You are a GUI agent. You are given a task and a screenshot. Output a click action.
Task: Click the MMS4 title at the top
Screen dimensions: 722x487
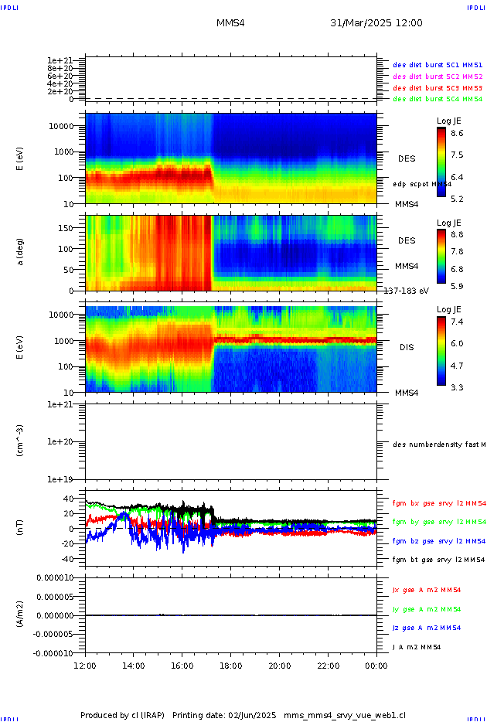pos(230,23)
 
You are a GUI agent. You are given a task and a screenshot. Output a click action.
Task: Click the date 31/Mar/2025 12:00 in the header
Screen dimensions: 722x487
pos(376,23)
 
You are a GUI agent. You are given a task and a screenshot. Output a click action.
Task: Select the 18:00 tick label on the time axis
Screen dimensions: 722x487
pos(230,665)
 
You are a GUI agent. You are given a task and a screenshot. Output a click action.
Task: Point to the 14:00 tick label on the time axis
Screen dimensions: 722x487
pos(134,665)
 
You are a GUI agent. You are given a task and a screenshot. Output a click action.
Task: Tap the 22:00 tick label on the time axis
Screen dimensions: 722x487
pos(328,665)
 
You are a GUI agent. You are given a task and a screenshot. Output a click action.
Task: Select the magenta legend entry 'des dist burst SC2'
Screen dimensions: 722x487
pos(438,77)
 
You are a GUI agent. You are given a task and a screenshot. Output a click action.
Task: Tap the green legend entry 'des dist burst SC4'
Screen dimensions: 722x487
pos(438,99)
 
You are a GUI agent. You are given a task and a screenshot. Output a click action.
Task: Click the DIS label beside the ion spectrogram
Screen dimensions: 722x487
pos(406,347)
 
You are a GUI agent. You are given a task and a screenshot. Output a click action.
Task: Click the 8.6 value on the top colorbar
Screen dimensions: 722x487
pos(457,133)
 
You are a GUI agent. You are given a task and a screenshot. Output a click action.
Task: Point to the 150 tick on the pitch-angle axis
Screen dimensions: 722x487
pos(73,228)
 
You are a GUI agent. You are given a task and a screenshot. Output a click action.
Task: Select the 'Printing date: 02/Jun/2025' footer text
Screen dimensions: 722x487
pos(224,715)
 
